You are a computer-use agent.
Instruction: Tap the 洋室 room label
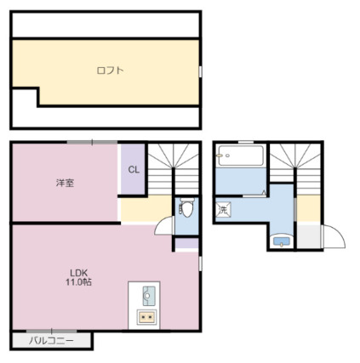[x=64, y=183]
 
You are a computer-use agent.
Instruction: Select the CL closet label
[x=133, y=169]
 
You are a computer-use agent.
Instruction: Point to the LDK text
[x=79, y=273]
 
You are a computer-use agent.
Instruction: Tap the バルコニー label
[x=50, y=341]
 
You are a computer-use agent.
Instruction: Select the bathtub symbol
[x=240, y=156]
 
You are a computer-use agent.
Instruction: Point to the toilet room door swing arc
[x=164, y=226]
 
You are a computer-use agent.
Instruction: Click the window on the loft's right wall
[x=201, y=71]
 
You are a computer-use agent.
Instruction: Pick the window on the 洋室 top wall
[x=81, y=142]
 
